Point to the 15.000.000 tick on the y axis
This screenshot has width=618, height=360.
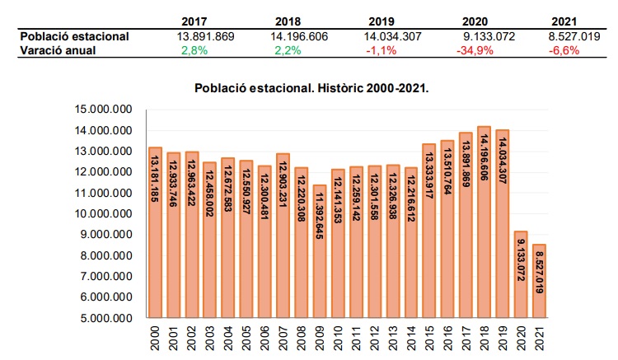pyautogui.click(x=103, y=110)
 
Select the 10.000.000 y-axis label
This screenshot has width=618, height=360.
pyautogui.click(x=103, y=213)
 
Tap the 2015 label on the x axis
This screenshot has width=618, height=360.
pyautogui.click(x=428, y=336)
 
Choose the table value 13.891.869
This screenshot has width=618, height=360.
pyautogui.click(x=207, y=36)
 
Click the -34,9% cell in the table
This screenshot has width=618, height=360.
pyautogui.click(x=475, y=49)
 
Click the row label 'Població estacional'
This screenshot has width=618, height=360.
pyautogui.click(x=74, y=36)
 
